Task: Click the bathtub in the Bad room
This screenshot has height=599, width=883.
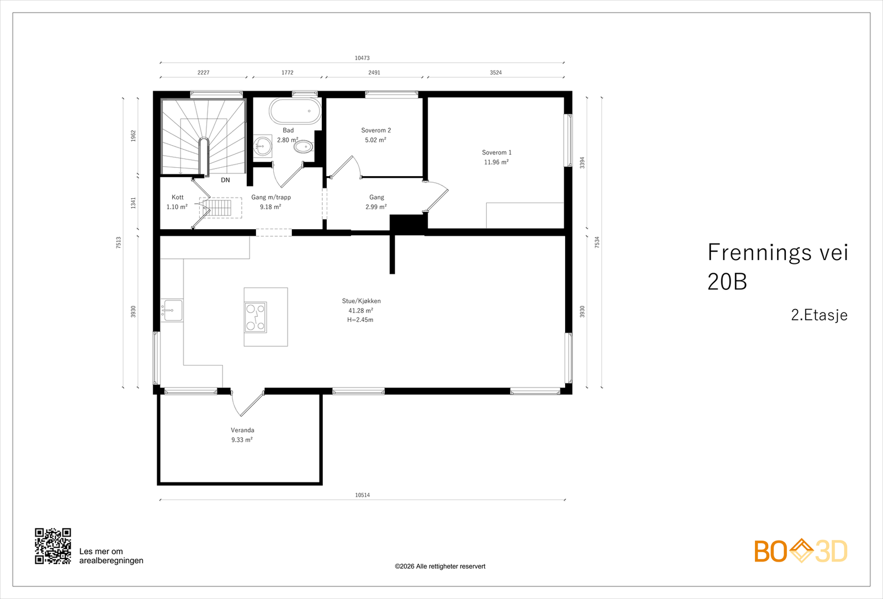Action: pyautogui.click(x=295, y=111)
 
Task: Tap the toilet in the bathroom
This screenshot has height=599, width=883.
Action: pyautogui.click(x=304, y=147)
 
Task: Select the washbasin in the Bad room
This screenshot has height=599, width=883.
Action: pyautogui.click(x=262, y=146)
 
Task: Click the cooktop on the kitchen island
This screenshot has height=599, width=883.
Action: pyautogui.click(x=256, y=317)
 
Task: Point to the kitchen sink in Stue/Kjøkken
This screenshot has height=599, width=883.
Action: pyautogui.click(x=172, y=310)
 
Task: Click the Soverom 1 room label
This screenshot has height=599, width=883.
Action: pyautogui.click(x=497, y=152)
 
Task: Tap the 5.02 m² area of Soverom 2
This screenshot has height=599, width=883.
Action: pyautogui.click(x=375, y=140)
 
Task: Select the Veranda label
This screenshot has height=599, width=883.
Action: pyautogui.click(x=242, y=430)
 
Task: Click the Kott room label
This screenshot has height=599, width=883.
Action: pyautogui.click(x=177, y=197)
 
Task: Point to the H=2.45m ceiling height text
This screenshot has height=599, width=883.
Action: pyautogui.click(x=360, y=320)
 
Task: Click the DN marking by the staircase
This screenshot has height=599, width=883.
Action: pyautogui.click(x=225, y=180)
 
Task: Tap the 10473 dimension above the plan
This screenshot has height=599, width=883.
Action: pyautogui.click(x=362, y=58)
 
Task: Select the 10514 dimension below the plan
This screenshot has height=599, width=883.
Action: pyautogui.click(x=362, y=495)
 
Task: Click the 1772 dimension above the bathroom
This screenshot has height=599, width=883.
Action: pyautogui.click(x=288, y=72)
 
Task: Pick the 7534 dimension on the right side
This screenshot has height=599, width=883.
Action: pyautogui.click(x=597, y=242)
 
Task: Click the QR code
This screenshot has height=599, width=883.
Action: pyautogui.click(x=53, y=546)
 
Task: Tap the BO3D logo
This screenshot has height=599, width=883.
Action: pyautogui.click(x=801, y=552)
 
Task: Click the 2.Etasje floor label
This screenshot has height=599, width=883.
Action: pyautogui.click(x=819, y=315)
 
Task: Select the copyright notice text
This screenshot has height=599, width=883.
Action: pyautogui.click(x=440, y=566)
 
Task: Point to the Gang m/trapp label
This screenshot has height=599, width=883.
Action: pyautogui.click(x=271, y=197)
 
